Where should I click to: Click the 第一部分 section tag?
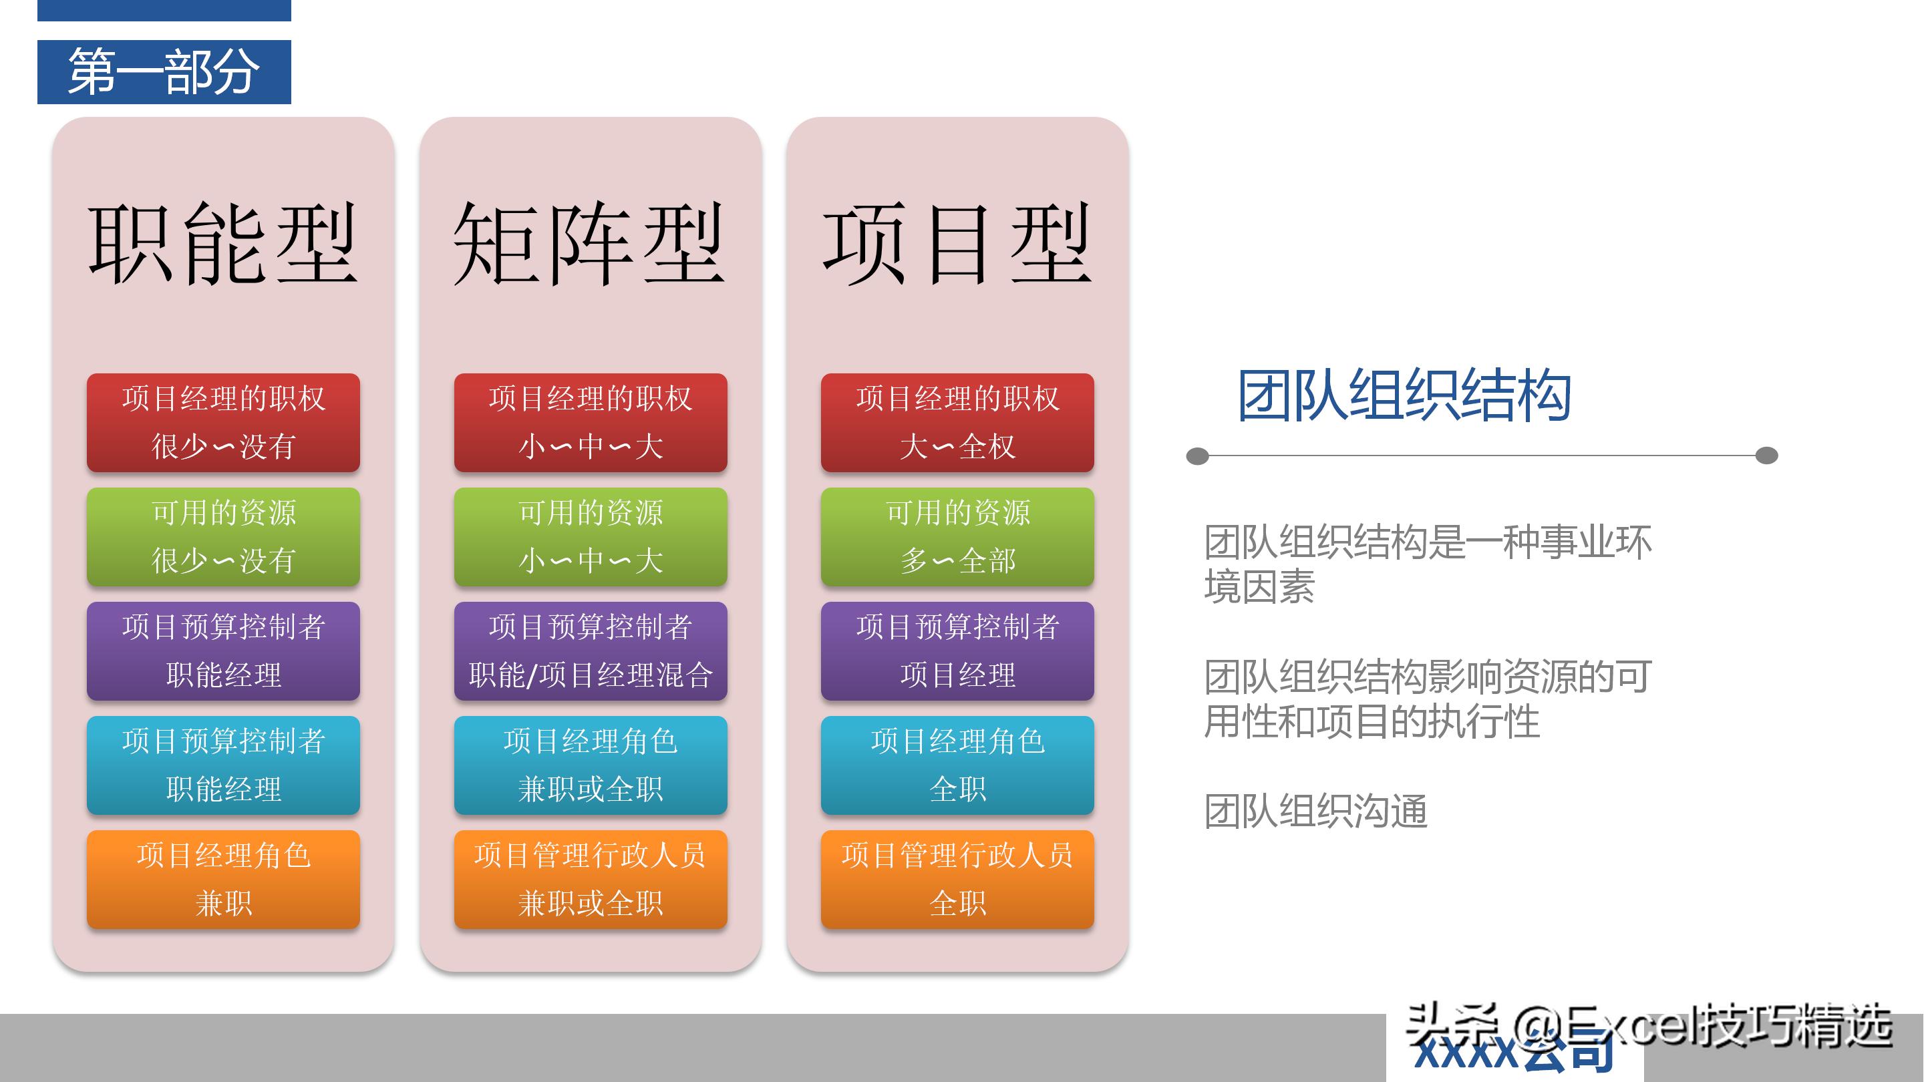pyautogui.click(x=164, y=71)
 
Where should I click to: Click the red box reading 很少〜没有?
pyautogui.click(x=222, y=423)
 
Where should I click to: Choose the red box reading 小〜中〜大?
pyautogui.click(x=590, y=423)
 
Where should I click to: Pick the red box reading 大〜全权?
pyautogui.click(x=957, y=423)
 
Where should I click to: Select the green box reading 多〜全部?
pyautogui.click(x=957, y=537)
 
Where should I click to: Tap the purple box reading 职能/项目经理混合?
pyautogui.click(x=590, y=651)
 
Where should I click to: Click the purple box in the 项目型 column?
pyautogui.click(x=957, y=651)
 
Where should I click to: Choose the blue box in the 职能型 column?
pyautogui.click(x=222, y=765)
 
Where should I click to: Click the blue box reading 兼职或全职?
pyautogui.click(x=590, y=765)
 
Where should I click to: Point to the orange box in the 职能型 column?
pyautogui.click(x=222, y=880)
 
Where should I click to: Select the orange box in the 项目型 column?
pyautogui.click(x=957, y=880)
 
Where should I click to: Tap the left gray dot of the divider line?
pyautogui.click(x=1197, y=456)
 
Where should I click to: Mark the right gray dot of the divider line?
pyautogui.click(x=1766, y=456)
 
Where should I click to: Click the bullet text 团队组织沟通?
pyautogui.click(x=1315, y=811)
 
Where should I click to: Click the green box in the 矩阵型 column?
pyautogui.click(x=590, y=537)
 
